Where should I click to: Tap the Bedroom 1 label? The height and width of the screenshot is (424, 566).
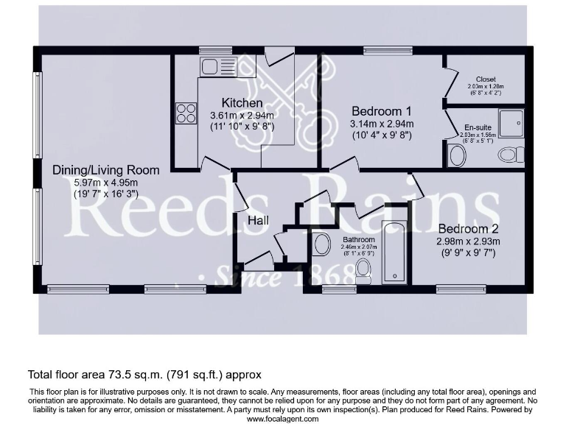(x=381, y=111)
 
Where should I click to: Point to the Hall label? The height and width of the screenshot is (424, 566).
(x=258, y=221)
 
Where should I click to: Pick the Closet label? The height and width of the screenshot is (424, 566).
(x=486, y=79)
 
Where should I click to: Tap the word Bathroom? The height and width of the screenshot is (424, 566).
(x=359, y=240)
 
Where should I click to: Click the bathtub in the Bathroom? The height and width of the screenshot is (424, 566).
(x=395, y=252)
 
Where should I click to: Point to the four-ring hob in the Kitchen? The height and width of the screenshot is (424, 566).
(x=186, y=113)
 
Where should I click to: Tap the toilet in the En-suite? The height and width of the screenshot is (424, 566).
(x=510, y=155)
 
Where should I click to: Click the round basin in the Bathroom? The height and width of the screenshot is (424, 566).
(x=322, y=244)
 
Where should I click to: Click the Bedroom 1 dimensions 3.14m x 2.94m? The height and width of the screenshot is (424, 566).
(x=381, y=124)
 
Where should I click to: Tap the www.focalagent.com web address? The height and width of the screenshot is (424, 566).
(x=282, y=419)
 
